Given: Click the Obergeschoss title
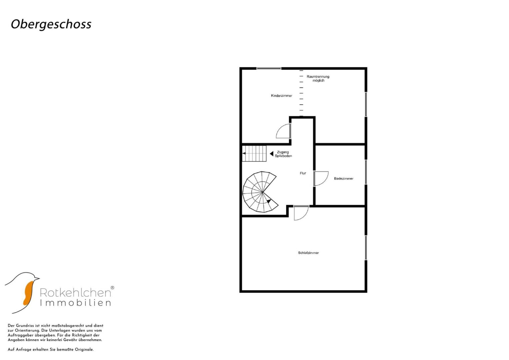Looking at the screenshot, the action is tap(51, 24).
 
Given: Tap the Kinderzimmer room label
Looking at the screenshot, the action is tap(282, 96).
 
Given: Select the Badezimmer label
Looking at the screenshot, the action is tap(344, 179).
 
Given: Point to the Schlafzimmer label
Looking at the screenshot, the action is tap(308, 253).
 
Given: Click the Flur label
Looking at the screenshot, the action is tap(303, 173).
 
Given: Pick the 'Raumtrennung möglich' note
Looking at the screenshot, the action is tap(318, 78).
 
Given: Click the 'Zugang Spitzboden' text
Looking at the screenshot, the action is tap(283, 154).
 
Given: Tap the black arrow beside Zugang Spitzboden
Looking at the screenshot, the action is tap(272, 154).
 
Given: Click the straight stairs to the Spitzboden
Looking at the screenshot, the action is tap(254, 153).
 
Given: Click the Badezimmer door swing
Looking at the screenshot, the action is tap(321, 179).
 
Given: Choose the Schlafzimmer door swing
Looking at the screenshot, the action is tap(301, 213).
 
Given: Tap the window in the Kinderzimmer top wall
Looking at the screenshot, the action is tap(269, 68).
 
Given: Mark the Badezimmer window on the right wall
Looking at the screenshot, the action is tap(366, 172).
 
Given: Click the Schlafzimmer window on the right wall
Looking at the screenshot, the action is tap(366, 248).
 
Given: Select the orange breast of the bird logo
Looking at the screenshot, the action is tap(28, 293).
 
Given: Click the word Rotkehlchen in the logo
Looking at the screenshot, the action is tap(75, 293).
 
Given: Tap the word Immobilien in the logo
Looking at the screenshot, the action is tap(75, 303).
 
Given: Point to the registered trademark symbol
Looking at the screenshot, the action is tap(112, 288).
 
